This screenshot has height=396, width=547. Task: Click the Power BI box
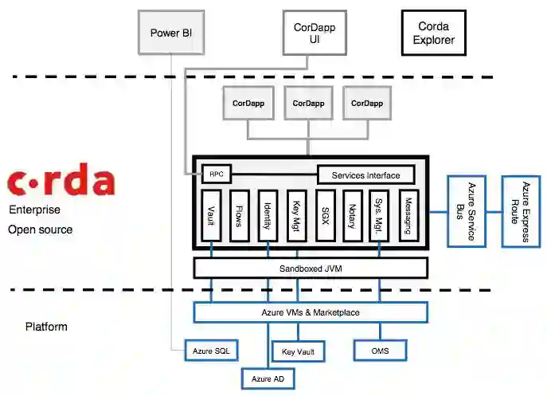(x=171, y=33)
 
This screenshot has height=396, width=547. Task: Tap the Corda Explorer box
(x=434, y=32)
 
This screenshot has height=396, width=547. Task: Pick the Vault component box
(x=211, y=215)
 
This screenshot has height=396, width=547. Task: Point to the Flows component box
(x=240, y=215)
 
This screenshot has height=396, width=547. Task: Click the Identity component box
(x=268, y=215)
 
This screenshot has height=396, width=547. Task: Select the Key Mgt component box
(x=296, y=215)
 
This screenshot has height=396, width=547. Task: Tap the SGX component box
(x=324, y=215)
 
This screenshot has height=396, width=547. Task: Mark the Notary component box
(x=352, y=215)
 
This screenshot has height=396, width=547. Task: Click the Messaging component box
(x=408, y=215)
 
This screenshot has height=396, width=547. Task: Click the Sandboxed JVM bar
(x=311, y=269)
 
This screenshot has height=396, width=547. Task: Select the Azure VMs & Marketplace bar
(x=311, y=312)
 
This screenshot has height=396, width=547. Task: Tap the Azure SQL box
(x=211, y=351)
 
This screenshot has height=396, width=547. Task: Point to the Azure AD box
(x=268, y=378)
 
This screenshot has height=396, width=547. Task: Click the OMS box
(x=380, y=351)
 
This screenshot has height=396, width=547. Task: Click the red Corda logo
(x=61, y=182)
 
